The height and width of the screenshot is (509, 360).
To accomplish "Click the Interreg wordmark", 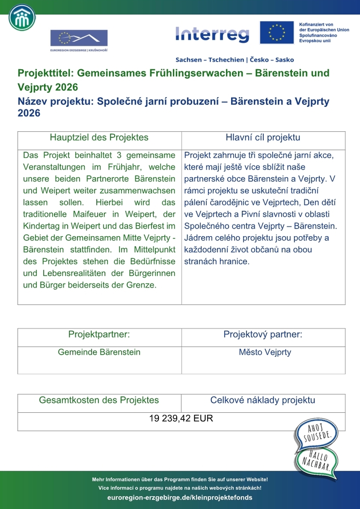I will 212,35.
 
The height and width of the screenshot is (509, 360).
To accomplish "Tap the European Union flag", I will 277,33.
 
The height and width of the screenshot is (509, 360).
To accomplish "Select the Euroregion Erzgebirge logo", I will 78,40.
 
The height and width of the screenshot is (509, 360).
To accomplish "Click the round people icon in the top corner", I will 22,18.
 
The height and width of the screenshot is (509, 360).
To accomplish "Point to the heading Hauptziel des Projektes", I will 99,137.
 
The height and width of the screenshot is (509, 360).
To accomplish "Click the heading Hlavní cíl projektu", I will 263,137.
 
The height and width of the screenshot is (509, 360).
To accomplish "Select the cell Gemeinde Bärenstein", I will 99,352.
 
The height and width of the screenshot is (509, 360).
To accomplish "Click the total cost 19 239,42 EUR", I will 181,419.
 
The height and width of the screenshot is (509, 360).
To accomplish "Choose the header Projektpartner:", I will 99,334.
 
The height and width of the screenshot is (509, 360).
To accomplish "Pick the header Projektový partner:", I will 263,334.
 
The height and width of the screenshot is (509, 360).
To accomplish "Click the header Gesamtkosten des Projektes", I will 99,400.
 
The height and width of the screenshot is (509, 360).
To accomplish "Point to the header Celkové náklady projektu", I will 263,400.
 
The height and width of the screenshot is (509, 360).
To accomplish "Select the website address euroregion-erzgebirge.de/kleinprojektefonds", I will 180,497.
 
